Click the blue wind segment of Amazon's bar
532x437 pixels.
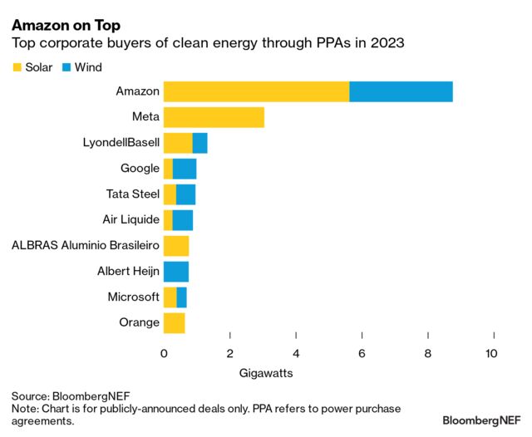[401, 91]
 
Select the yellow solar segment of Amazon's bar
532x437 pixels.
[256, 91]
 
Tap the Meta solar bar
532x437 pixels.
[214, 117]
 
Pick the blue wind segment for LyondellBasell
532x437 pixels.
[199, 143]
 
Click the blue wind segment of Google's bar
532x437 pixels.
[185, 169]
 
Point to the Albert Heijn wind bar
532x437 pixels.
[176, 271]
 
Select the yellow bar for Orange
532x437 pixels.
[175, 322]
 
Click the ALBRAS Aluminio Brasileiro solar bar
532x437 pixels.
[176, 245]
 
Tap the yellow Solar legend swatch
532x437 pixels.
[17, 67]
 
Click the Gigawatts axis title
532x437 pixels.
[266, 373]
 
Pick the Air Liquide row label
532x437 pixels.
[131, 220]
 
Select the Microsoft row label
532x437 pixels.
[133, 297]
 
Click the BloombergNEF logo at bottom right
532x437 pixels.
[482, 420]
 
